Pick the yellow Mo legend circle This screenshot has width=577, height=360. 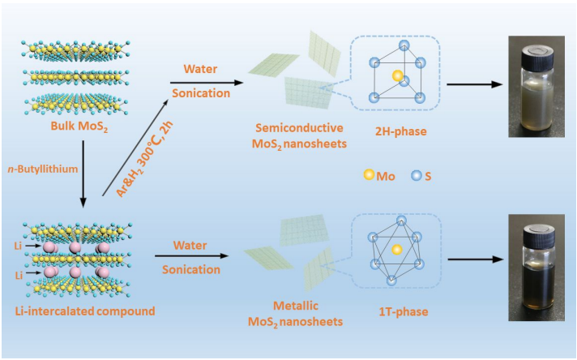(370, 174)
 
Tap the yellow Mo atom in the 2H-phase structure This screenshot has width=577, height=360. (396, 75)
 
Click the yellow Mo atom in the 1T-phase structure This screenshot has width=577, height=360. (397, 251)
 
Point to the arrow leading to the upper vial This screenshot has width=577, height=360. (477, 83)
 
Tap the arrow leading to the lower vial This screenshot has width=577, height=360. (477, 261)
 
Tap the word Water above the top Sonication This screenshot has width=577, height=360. (198, 67)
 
